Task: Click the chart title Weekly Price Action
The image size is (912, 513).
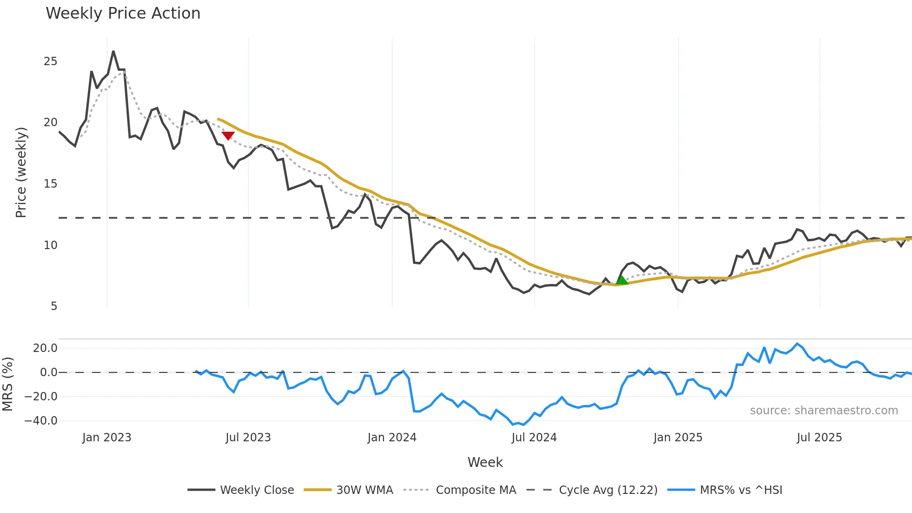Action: click(x=123, y=13)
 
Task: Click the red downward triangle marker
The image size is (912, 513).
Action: click(x=228, y=135)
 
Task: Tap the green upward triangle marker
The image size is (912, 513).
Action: click(x=622, y=280)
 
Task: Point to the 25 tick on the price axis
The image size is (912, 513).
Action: click(x=51, y=61)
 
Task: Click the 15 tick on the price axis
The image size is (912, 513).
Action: click(x=51, y=184)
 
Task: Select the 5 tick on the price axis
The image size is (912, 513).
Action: click(x=54, y=306)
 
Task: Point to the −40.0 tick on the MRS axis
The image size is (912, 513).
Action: click(x=41, y=421)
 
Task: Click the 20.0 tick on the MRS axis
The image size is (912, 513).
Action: click(x=45, y=348)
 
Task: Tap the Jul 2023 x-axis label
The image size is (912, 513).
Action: click(x=248, y=438)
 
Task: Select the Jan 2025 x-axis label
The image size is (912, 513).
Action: click(x=677, y=438)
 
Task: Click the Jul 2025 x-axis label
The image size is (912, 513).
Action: click(x=819, y=438)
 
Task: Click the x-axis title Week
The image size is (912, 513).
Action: click(x=485, y=462)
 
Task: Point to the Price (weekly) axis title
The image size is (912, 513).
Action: click(x=21, y=172)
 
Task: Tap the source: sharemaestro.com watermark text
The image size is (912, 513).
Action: click(x=824, y=411)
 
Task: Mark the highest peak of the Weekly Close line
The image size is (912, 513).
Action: click(x=113, y=51)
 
